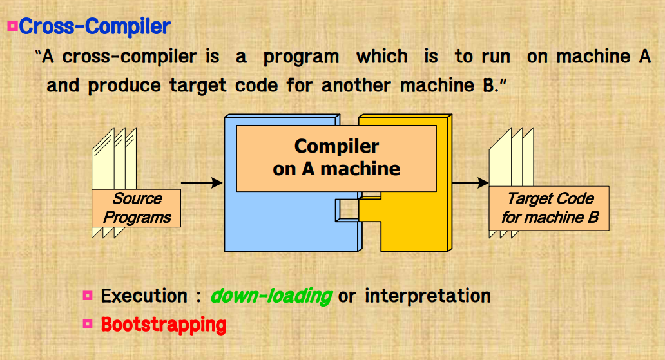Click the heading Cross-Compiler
click(x=95, y=27)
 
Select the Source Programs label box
click(x=136, y=208)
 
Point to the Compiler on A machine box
click(x=336, y=158)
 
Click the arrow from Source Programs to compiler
click(x=201, y=184)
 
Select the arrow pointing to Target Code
click(x=470, y=184)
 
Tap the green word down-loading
click(x=271, y=296)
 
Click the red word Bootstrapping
click(x=164, y=324)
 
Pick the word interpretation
click(x=427, y=296)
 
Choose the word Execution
click(x=144, y=296)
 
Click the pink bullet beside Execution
click(x=88, y=296)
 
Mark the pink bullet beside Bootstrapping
click(x=88, y=324)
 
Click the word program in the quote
click(x=301, y=57)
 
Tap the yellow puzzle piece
click(x=412, y=225)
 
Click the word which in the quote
click(x=382, y=57)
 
